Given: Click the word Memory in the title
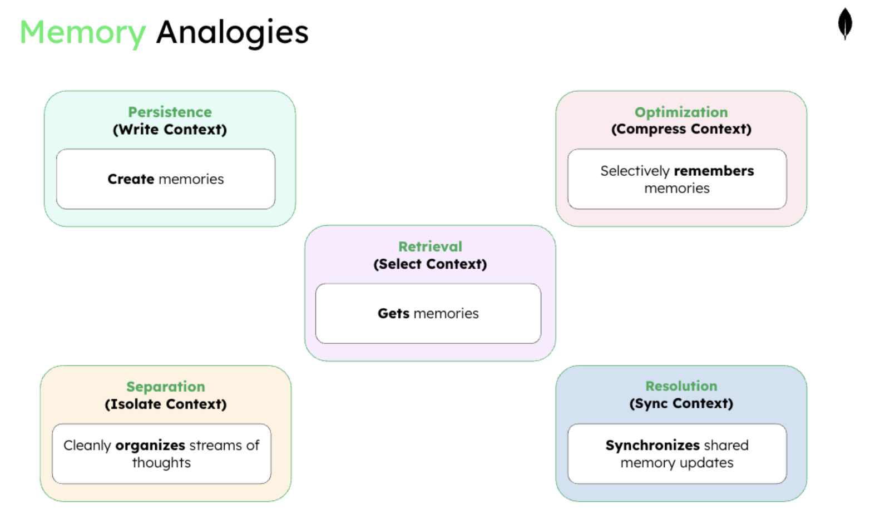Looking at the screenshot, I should point(83,32).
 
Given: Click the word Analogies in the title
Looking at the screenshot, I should point(232,32).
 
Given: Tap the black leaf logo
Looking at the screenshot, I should point(845,24).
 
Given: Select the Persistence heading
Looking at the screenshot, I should point(170,112).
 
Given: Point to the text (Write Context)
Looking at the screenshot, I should point(170,130).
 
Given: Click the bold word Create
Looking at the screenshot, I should point(131,179).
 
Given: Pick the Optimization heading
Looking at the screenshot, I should point(681,112).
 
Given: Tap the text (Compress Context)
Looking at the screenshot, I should point(681,129).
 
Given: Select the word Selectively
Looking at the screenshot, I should point(635,171).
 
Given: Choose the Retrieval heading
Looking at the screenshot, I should point(430,246).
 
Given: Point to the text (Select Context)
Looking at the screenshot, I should point(430,264).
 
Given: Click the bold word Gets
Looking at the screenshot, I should point(393,314).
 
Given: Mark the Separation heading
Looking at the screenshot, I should point(165,387).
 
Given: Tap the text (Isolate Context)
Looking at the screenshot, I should point(165,404).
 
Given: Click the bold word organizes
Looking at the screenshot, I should point(150,446).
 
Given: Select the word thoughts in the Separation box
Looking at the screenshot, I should point(161,463).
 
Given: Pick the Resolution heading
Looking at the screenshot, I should point(681,386).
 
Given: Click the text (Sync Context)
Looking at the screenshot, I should point(681,404).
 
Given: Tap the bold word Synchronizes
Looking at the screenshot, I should point(652,446).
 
